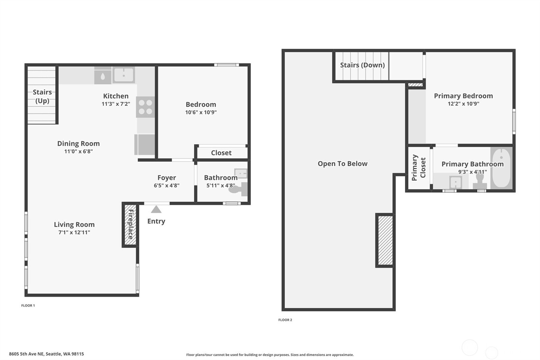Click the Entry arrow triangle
156,210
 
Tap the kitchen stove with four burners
145,107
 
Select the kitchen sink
124,75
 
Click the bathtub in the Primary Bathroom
501,168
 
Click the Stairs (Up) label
42,96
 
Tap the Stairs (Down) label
362,65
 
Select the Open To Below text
342,163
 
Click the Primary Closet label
418,168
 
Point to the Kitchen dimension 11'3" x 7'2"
116,104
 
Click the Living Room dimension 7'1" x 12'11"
74,232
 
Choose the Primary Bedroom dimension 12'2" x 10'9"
463,104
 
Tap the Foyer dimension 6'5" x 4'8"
166,185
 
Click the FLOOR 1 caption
28,305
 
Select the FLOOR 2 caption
285,320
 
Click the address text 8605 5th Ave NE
46,354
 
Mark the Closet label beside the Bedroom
221,153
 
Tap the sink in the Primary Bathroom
455,183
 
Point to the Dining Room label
78,144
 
